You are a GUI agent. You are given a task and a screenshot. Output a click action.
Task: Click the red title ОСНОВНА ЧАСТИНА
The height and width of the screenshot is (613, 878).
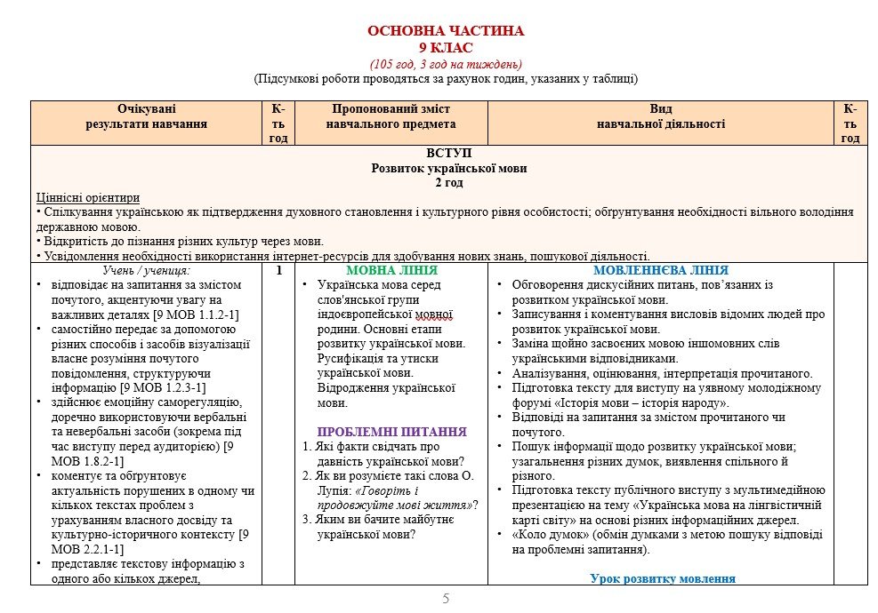(446, 31)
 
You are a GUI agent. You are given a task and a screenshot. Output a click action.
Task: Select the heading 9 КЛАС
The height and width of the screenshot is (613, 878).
(446, 47)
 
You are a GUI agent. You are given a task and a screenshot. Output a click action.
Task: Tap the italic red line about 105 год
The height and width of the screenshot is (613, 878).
(446, 63)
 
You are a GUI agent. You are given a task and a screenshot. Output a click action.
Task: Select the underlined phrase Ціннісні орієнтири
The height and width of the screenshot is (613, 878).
(88, 197)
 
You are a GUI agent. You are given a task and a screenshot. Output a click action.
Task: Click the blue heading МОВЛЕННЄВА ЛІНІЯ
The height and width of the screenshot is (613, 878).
(661, 270)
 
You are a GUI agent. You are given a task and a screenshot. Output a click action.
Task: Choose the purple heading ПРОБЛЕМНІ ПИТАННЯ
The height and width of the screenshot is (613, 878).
(392, 432)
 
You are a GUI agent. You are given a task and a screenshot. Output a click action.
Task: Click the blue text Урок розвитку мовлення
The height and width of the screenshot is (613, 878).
(663, 578)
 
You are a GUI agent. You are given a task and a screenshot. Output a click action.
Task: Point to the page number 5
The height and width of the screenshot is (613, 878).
(446, 599)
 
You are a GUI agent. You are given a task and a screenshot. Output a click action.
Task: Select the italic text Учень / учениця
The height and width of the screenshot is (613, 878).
(146, 270)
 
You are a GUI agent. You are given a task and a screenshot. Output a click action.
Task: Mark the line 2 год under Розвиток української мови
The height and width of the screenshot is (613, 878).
(449, 182)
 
